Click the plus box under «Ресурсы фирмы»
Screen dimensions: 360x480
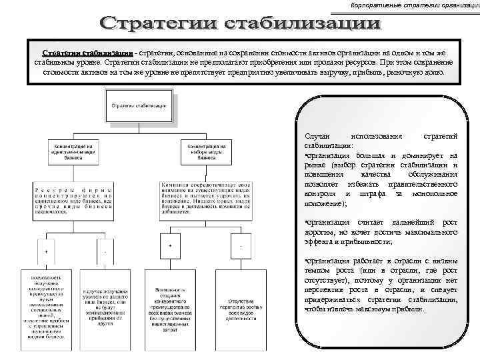[x=45, y=251]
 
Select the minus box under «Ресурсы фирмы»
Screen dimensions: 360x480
[x=105, y=251]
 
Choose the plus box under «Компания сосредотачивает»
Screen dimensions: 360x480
[x=171, y=246]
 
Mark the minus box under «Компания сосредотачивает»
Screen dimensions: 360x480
[x=240, y=247]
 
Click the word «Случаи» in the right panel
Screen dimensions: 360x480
[x=316, y=136]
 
